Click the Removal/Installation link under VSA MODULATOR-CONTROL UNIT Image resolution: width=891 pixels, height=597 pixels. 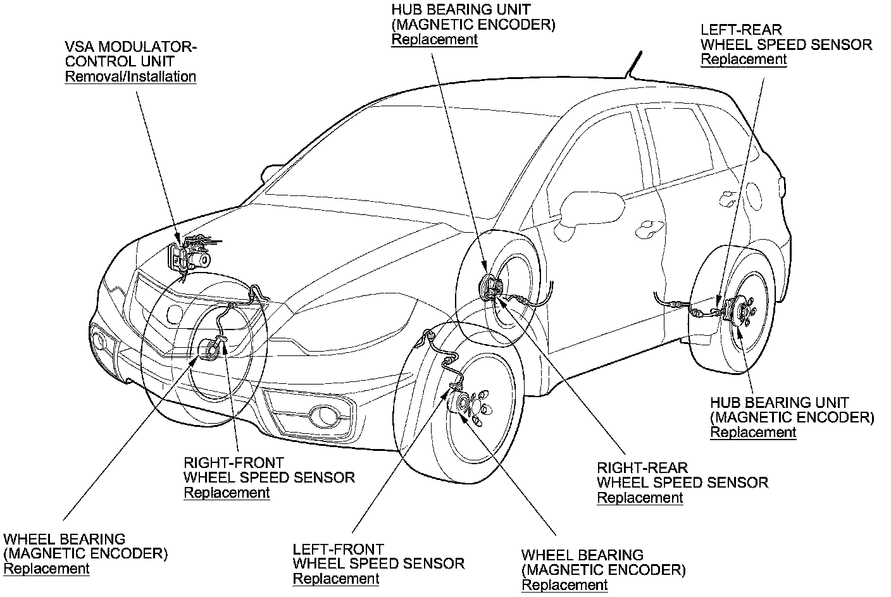pos(130,77)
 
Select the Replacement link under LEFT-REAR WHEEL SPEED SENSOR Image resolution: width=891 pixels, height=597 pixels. pos(744,59)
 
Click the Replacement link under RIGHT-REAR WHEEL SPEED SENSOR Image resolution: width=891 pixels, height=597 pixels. pos(640,498)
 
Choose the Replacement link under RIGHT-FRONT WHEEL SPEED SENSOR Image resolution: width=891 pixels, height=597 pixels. pos(227,493)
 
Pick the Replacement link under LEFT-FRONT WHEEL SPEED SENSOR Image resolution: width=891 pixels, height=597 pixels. pos(336,579)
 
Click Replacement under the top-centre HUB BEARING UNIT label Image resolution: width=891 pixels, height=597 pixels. pos(434,39)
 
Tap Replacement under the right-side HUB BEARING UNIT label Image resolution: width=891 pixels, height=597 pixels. pos(753,433)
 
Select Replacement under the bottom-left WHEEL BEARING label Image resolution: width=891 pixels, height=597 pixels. pos(46,569)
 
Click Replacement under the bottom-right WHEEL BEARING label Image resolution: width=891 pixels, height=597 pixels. pos(564,585)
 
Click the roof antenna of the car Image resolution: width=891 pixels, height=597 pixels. pos(633,64)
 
